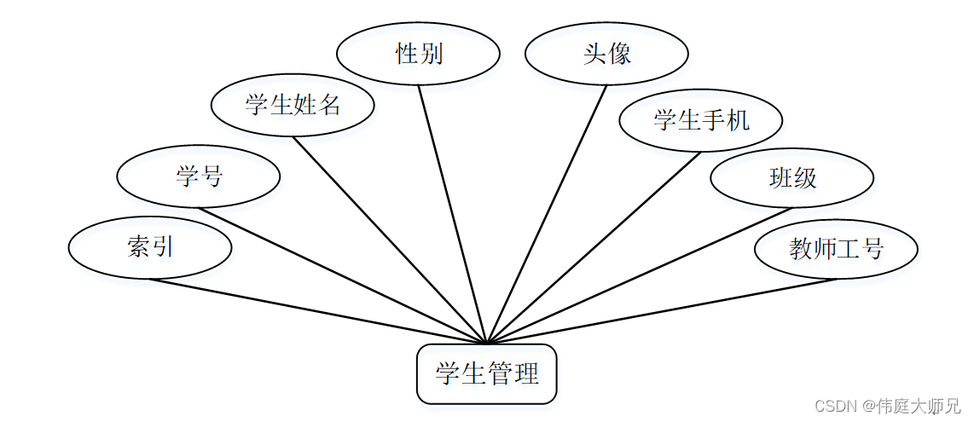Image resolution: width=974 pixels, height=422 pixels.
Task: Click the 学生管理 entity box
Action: [486, 373]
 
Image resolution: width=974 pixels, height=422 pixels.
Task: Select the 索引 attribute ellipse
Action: [150, 248]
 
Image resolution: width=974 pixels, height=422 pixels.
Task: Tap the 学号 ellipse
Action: [199, 177]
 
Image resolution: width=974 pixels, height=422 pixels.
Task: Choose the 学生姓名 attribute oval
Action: [293, 106]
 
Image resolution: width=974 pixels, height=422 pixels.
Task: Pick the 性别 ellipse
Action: [418, 55]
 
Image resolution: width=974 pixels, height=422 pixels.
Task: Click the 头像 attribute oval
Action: [606, 55]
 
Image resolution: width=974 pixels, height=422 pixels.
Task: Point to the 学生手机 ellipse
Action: [701, 120]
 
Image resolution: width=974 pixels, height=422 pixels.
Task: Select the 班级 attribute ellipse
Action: [792, 177]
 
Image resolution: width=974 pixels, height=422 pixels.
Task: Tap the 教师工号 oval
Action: [836, 249]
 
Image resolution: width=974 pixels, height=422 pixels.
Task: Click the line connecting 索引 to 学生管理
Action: [318, 311]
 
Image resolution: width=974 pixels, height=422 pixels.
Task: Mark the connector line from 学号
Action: [341, 275]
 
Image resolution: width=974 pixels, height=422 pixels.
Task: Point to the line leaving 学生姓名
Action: [389, 240]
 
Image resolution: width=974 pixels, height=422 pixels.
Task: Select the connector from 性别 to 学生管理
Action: [452, 214]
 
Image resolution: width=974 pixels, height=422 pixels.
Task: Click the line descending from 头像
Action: [547, 214]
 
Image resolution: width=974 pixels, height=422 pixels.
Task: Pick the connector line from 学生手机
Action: [594, 247]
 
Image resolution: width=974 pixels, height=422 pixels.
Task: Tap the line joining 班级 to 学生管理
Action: [640, 275]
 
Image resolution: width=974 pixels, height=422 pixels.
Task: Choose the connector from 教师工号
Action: [661, 311]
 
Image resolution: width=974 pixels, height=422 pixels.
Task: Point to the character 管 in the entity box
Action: [500, 373]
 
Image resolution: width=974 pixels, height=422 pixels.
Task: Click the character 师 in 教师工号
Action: [824, 249]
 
